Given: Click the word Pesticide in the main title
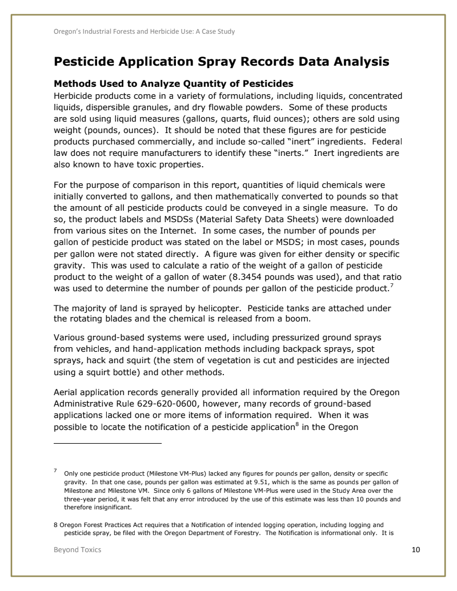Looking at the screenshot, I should pyautogui.click(x=89, y=61).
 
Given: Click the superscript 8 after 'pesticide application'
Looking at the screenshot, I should pyautogui.click(x=296, y=424).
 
